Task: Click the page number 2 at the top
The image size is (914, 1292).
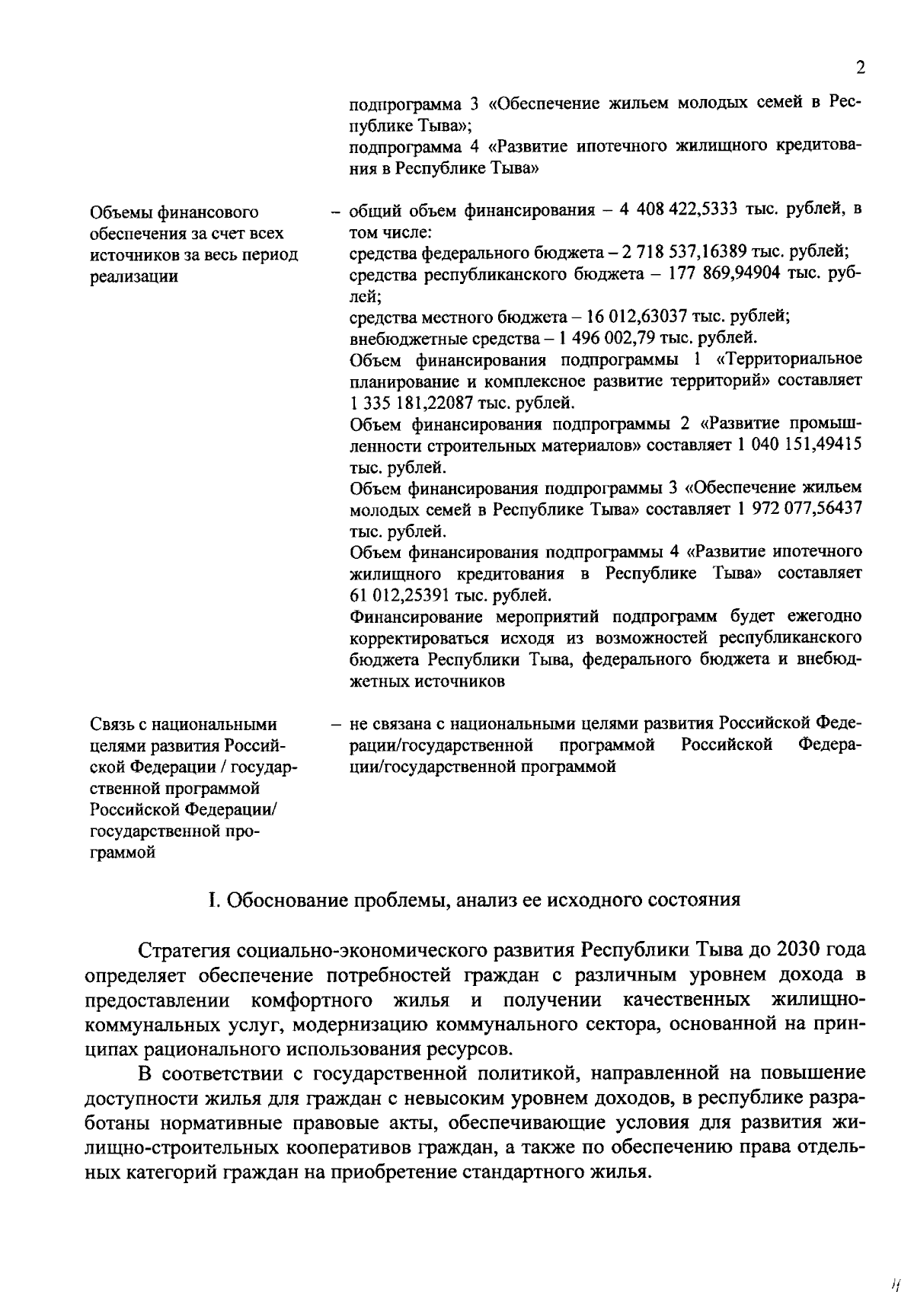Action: (860, 69)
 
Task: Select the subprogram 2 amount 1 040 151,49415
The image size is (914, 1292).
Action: (800, 444)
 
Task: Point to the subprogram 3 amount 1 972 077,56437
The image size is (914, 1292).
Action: (800, 508)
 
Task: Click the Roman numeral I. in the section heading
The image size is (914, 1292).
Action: (214, 901)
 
